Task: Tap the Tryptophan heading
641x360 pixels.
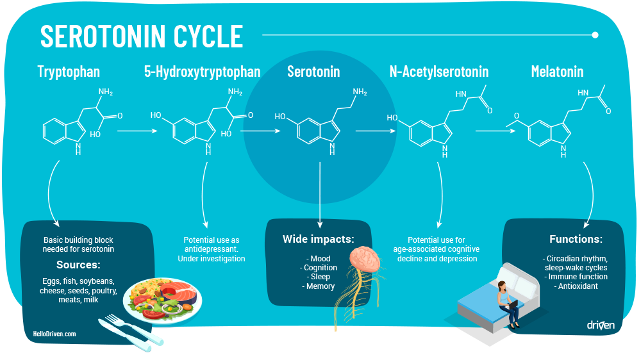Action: (69, 72)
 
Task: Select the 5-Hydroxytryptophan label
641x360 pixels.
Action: (202, 72)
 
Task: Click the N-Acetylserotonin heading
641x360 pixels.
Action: (439, 72)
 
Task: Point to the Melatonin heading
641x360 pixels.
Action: (557, 72)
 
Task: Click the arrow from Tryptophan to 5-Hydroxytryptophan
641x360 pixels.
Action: (137, 131)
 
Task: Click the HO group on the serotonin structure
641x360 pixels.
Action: (280, 117)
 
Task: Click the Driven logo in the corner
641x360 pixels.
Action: (601, 325)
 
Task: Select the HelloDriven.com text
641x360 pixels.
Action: (54, 334)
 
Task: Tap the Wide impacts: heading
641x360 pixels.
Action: (319, 239)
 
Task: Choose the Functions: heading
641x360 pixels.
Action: (576, 239)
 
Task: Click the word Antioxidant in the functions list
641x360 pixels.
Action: (578, 286)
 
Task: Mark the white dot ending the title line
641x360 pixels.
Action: (595, 35)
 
